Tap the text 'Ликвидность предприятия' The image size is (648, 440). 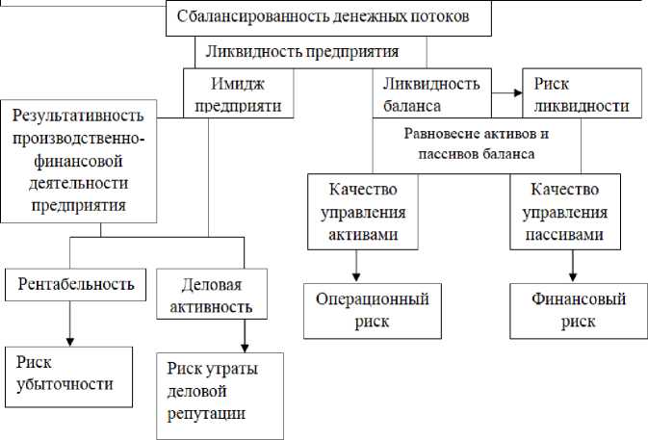[x=311, y=50]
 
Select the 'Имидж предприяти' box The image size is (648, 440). [x=233, y=92]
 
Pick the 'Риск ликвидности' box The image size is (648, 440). [x=581, y=92]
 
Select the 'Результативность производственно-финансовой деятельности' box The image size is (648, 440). [x=80, y=160]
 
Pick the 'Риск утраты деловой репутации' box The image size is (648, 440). [x=219, y=392]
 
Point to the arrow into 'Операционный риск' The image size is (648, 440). [x=358, y=263]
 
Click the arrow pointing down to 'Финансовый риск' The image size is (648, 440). [x=574, y=263]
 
